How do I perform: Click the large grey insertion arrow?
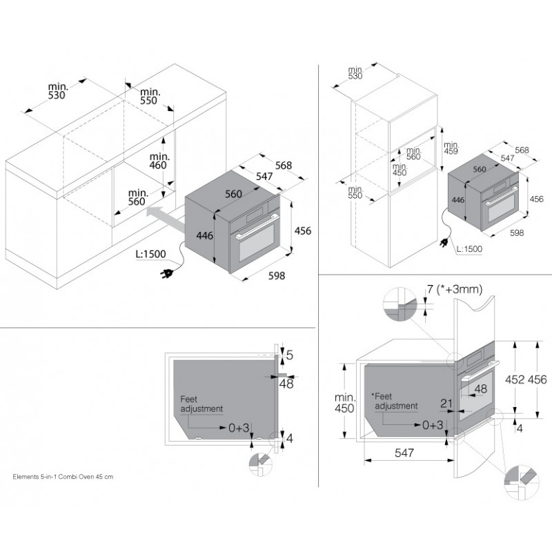coord(165,219)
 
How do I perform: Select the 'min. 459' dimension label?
coord(451,148)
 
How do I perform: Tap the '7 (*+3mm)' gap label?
coord(455,289)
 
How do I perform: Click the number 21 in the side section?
coord(446,403)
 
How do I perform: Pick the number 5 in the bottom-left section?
coord(289,355)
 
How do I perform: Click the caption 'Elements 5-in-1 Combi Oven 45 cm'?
coord(63,477)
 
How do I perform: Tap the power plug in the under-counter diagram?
coord(166,273)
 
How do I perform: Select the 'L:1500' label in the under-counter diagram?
coord(150,254)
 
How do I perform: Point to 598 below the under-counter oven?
coord(277,275)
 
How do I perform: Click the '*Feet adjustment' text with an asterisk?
coord(395,402)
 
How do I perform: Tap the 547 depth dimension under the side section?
coord(404,453)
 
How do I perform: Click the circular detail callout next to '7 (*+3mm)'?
coord(400,304)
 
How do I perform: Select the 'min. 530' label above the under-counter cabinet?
coord(58,91)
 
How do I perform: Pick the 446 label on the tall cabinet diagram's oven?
coord(458,200)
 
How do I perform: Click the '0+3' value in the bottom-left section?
coord(239,428)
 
